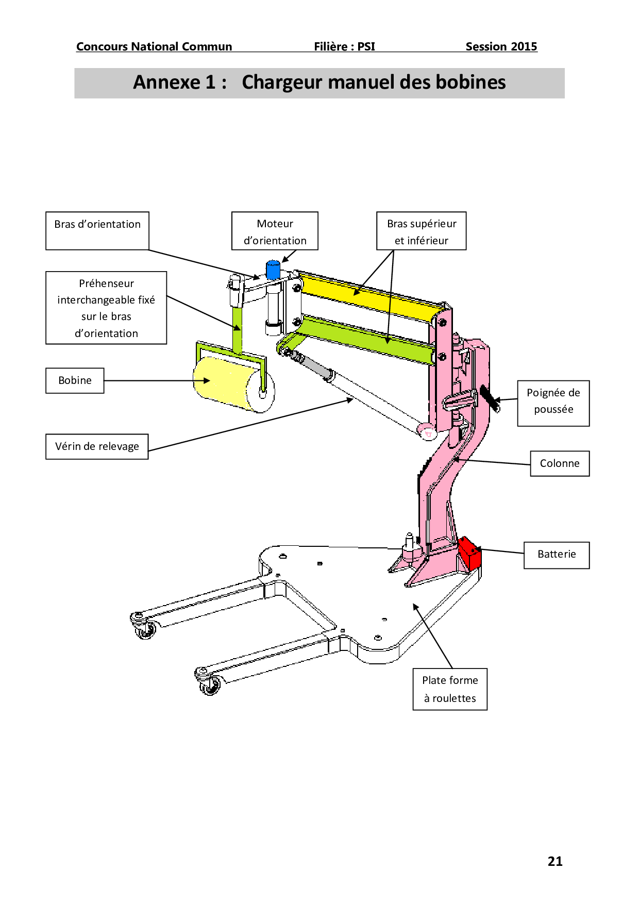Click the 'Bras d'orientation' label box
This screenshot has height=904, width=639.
click(97, 230)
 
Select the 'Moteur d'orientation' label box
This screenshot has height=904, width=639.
click(275, 231)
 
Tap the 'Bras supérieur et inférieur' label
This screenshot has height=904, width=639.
click(421, 231)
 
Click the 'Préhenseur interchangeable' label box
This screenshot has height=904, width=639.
click(106, 308)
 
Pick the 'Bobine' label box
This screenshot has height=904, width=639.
click(75, 380)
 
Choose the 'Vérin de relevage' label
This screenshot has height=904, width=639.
click(97, 446)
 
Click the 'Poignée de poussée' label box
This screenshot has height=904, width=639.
click(553, 403)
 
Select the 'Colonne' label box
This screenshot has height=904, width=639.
click(560, 463)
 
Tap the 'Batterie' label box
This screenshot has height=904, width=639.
click(557, 555)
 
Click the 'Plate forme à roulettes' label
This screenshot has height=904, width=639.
click(450, 689)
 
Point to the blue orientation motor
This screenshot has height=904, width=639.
click(273, 270)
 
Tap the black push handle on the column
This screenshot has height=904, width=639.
click(490, 398)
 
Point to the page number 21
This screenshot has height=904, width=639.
click(555, 861)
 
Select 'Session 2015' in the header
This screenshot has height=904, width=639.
click(501, 47)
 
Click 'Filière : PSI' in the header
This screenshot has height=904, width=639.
click(344, 47)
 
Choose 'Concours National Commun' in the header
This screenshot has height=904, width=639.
click(154, 47)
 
